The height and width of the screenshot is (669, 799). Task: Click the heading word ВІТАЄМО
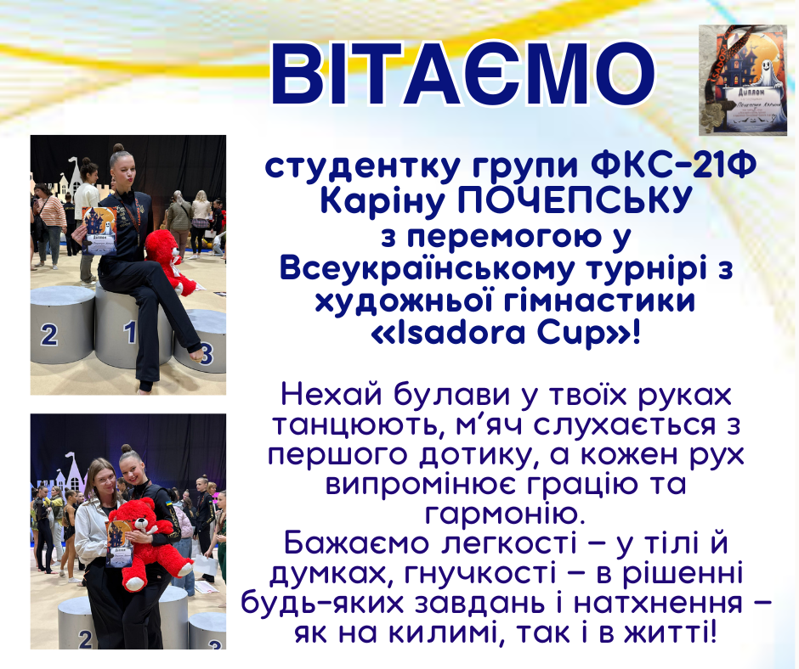[x=462, y=73]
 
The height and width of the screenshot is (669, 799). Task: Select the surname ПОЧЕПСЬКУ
[x=575, y=200]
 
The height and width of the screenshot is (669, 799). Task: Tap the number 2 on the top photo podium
[x=49, y=335]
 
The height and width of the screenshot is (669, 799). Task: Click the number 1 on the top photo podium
[x=131, y=332]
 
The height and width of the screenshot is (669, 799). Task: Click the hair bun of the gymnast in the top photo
[x=118, y=149]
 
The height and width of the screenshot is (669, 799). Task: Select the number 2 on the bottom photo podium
[x=85, y=639]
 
